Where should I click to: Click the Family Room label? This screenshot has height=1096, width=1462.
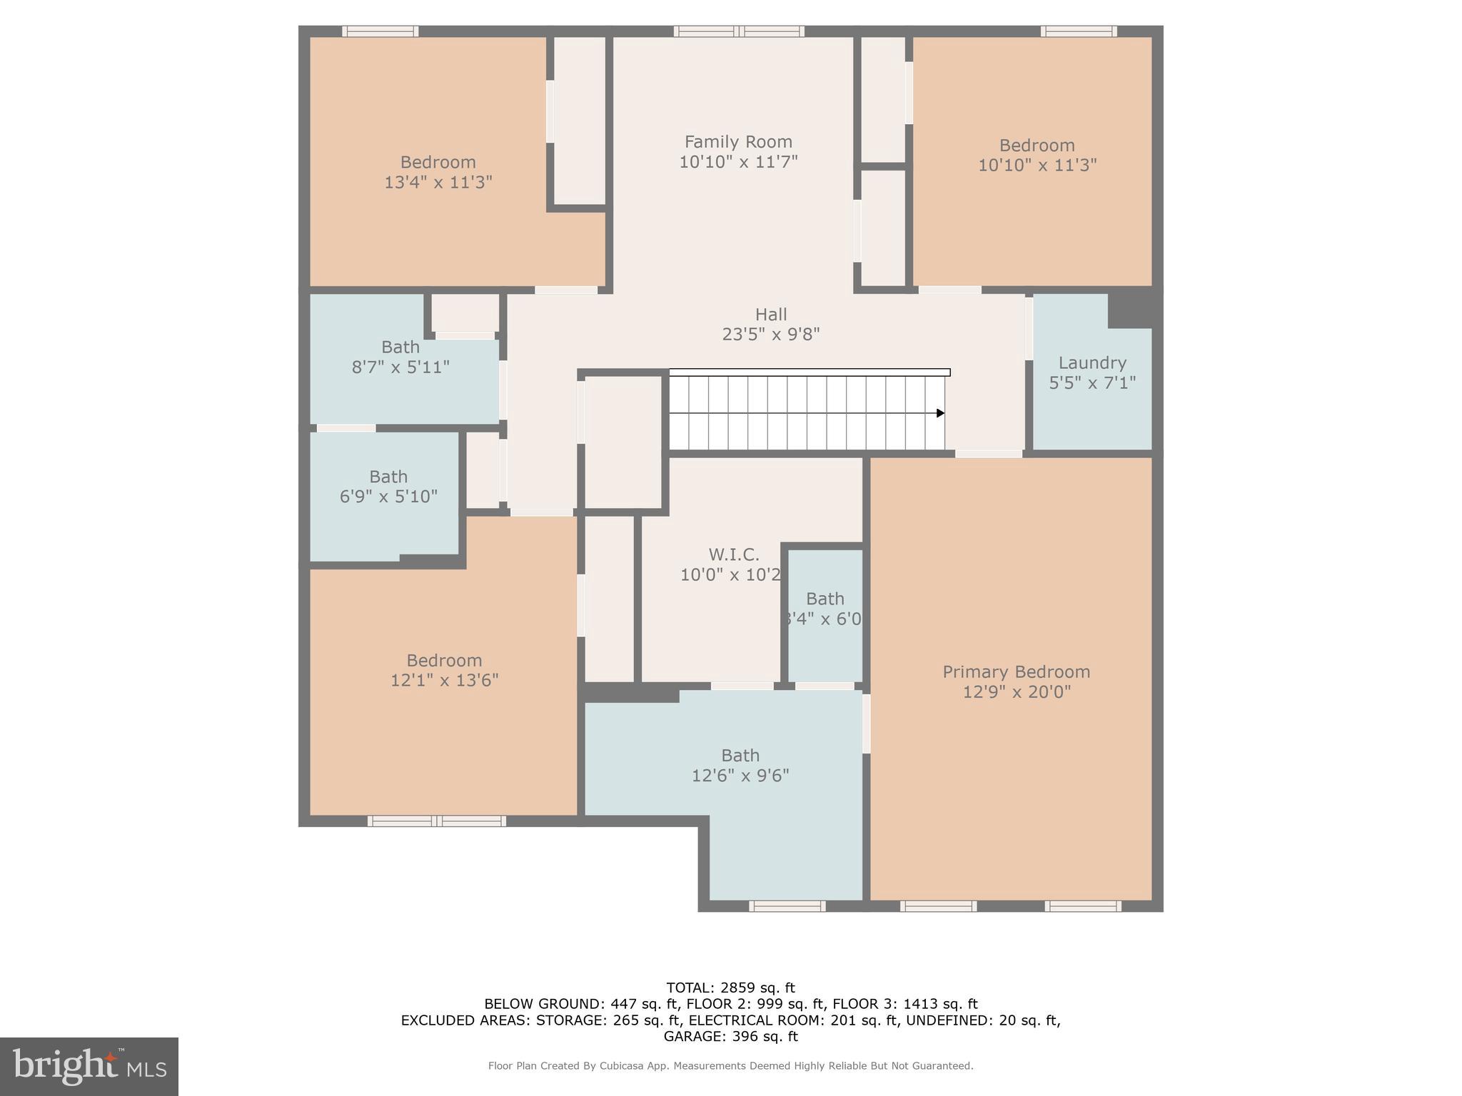[738, 142]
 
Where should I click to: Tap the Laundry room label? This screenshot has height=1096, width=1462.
[1092, 363]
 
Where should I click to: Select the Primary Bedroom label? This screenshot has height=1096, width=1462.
[1016, 672]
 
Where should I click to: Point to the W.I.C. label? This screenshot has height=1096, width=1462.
[733, 554]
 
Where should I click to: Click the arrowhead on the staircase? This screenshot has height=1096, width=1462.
[940, 413]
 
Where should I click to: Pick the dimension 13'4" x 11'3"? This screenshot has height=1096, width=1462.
[438, 182]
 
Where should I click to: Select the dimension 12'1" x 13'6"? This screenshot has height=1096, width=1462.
[444, 680]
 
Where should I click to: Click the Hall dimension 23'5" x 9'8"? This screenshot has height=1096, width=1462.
[770, 334]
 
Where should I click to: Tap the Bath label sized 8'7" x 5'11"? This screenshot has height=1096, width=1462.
[400, 347]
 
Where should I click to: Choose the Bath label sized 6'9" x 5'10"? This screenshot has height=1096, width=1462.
[388, 477]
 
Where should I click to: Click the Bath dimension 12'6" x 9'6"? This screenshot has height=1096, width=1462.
[740, 776]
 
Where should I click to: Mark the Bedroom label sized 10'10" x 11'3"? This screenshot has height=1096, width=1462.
[1037, 146]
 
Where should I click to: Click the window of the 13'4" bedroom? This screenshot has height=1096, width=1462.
[380, 31]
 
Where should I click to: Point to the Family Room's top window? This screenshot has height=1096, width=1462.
[739, 31]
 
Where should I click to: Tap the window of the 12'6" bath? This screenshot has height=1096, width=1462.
[787, 906]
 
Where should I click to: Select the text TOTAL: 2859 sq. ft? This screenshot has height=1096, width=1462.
[730, 988]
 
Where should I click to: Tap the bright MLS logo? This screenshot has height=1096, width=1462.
[89, 1066]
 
